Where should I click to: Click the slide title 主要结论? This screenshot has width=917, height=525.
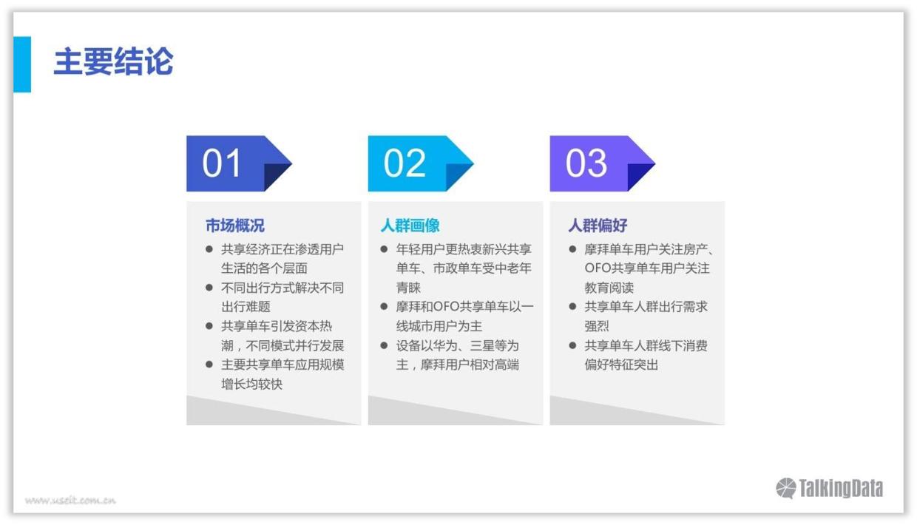(113, 63)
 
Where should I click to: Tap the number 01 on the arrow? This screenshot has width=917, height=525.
(222, 163)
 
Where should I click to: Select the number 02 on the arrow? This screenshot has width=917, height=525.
(405, 163)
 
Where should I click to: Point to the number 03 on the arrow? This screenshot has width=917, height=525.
(586, 163)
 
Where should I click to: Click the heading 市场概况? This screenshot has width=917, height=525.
(234, 226)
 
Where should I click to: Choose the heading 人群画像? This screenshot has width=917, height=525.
(410, 226)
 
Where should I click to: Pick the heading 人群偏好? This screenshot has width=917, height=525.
(598, 226)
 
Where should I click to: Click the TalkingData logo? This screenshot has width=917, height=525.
(829, 488)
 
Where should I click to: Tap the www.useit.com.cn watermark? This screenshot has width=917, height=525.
(70, 501)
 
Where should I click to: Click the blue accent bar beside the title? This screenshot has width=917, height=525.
(22, 64)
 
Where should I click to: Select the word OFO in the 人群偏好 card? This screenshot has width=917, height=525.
(600, 268)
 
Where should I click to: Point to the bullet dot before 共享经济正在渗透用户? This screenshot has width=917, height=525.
(209, 249)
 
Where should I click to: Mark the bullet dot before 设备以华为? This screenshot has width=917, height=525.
(385, 345)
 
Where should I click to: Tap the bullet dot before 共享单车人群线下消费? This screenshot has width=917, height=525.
(573, 345)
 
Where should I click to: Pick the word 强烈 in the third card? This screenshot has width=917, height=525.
(597, 326)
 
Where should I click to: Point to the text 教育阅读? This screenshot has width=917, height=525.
(609, 288)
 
